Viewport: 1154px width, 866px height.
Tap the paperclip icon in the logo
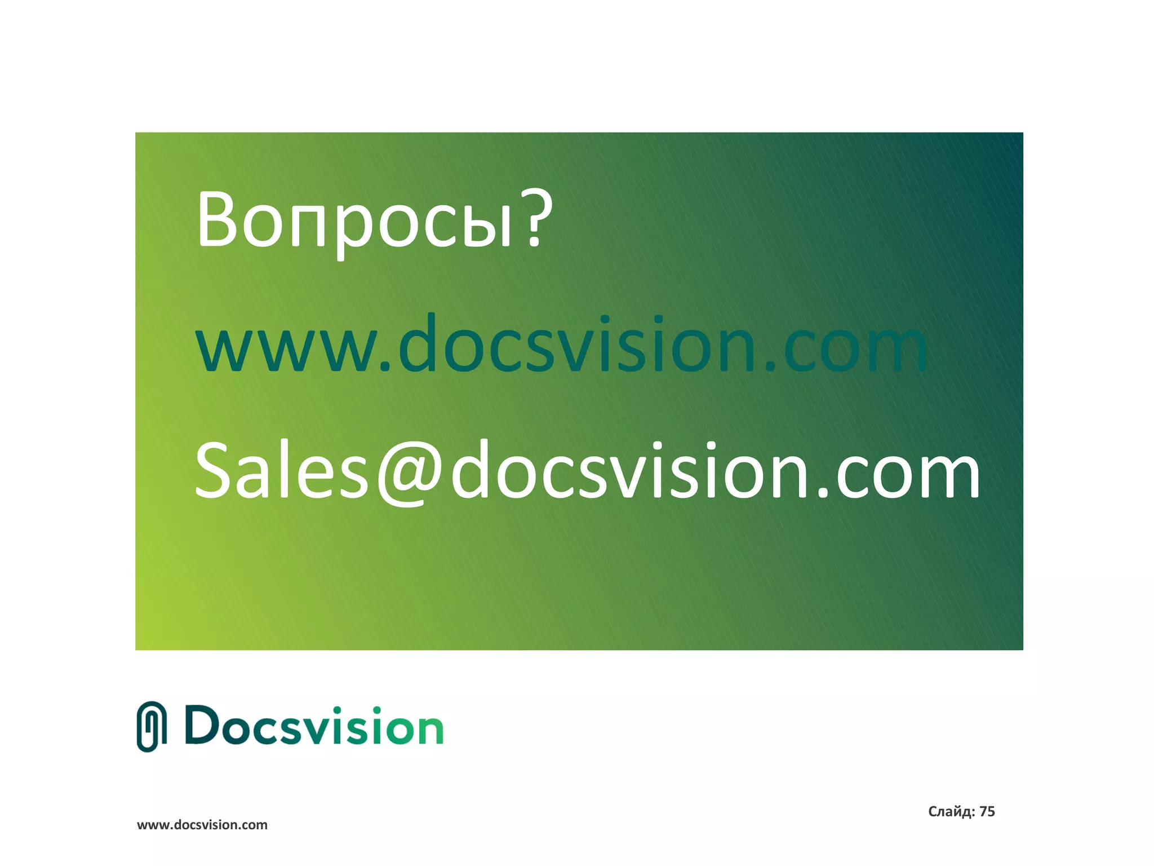(152, 727)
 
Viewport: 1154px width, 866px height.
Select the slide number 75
(987, 811)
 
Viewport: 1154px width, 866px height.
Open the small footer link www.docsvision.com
(202, 825)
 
